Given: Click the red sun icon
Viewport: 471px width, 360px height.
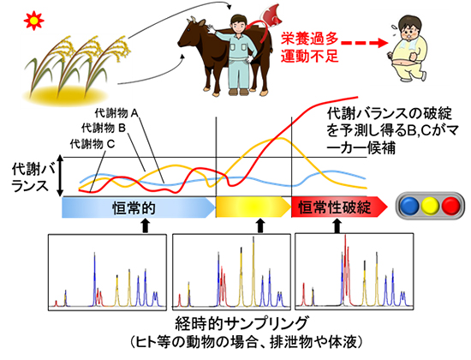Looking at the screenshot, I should pos(12,17).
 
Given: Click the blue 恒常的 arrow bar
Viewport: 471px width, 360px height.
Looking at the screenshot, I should pos(137,207).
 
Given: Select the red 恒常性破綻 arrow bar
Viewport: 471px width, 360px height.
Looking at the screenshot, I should pos(334,207).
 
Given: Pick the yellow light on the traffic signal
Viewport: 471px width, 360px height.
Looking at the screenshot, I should pos(432,207).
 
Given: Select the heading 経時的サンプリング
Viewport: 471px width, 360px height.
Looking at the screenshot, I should pos(235,324).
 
